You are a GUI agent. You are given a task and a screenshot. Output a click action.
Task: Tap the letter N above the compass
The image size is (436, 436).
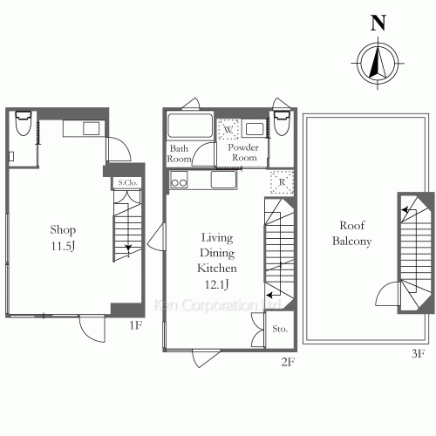[378, 23]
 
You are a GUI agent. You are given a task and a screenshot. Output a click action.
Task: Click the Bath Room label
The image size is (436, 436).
[180, 153]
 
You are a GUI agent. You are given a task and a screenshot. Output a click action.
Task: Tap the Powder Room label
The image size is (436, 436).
[243, 153]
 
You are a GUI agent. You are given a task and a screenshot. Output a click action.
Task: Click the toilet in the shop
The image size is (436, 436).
[24, 125]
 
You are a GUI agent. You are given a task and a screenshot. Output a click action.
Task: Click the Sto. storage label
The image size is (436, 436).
[280, 330]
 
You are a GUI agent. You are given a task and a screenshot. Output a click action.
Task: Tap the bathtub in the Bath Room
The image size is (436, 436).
[189, 126]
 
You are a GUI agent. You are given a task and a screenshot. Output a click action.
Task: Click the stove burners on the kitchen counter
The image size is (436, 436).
[180, 182]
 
